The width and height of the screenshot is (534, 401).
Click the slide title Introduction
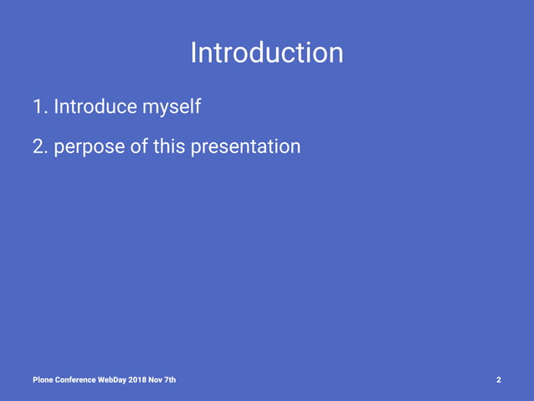click(x=266, y=53)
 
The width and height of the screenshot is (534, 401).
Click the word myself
click(x=172, y=108)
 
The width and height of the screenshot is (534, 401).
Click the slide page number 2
click(x=499, y=380)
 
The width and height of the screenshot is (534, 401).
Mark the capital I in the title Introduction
click(x=193, y=53)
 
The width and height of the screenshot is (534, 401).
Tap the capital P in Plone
click(x=35, y=380)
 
